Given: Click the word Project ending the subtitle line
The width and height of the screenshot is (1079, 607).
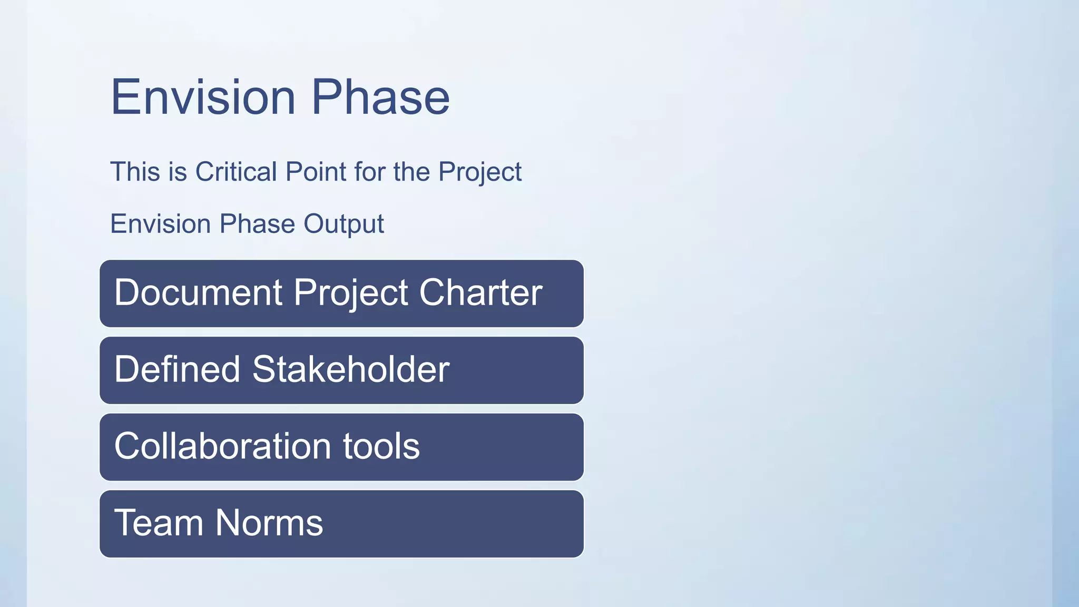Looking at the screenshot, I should tap(479, 172).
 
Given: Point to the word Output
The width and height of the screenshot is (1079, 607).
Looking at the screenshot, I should tap(344, 224).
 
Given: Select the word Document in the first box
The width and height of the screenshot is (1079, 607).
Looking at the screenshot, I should tap(198, 292).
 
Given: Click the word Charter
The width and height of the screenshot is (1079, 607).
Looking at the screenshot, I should tap(480, 292).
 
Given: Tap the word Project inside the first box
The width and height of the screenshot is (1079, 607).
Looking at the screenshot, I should tap(350, 292).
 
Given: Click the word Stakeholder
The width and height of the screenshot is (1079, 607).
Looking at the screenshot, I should tap(350, 369).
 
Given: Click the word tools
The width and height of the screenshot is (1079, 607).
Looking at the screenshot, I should tap(381, 446).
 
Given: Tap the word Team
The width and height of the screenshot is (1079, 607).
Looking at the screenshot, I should tap(159, 523).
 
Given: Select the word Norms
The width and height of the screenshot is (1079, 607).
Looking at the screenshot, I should tap(269, 523).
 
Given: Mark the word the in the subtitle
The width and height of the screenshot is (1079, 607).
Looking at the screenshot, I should tap(411, 172).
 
